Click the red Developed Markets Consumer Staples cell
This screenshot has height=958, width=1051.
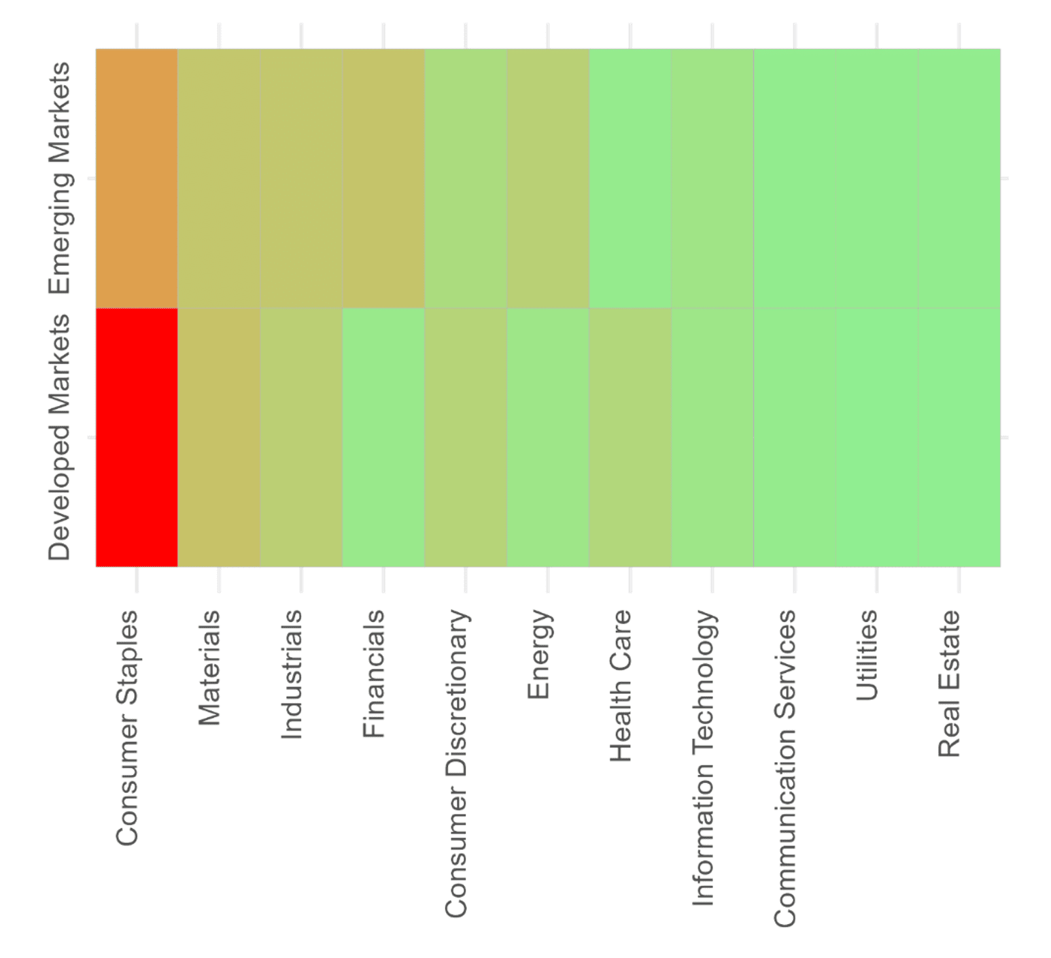point(137,437)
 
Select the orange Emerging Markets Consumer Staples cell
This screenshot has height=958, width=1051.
point(137,178)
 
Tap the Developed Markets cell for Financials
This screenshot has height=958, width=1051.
point(383,437)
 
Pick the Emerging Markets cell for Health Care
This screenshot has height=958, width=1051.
point(630,178)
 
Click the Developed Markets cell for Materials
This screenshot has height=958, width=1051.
point(219,437)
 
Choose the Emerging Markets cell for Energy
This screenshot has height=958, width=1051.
point(548,178)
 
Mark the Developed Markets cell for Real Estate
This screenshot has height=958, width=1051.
point(959,437)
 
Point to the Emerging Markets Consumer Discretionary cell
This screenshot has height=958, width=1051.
point(466,178)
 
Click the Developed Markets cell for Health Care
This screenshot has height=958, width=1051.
point(630,437)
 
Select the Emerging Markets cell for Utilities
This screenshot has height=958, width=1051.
point(877,178)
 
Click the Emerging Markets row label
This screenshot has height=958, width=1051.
point(60,178)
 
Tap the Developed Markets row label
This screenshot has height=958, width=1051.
point(60,437)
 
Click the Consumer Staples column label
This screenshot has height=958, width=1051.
point(127,727)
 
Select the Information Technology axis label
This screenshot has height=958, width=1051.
point(703,757)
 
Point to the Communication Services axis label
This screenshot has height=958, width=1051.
point(785,767)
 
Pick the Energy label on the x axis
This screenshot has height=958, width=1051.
point(538,654)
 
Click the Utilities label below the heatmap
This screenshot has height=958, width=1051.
point(867,655)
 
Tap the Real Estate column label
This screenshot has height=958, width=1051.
point(949,683)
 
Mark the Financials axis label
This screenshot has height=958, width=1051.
point(374,674)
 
